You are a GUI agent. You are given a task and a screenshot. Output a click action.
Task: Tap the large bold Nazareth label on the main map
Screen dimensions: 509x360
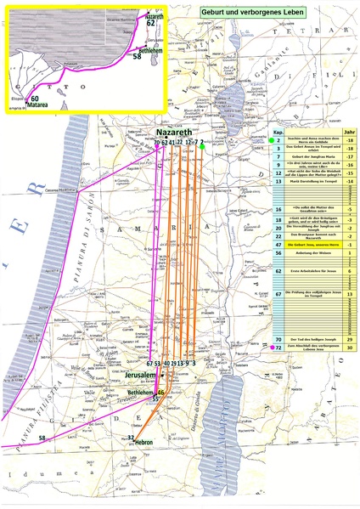[176, 133]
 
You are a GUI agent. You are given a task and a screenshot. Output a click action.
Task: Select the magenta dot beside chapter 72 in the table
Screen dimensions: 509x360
[270, 348]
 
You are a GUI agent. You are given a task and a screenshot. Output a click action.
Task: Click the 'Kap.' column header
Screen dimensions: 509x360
[278, 133]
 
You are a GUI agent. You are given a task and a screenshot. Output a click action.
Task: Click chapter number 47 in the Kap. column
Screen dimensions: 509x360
[278, 245]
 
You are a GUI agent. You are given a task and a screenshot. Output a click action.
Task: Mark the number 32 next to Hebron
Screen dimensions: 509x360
[131, 438]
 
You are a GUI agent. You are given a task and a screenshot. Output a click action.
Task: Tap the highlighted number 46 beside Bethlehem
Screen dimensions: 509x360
[160, 392]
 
